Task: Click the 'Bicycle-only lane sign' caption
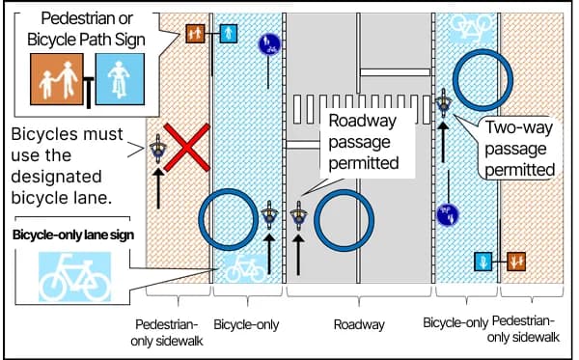click(x=73, y=235)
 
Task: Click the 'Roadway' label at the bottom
click(x=359, y=324)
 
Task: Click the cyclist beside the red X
click(x=159, y=152)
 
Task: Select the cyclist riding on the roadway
click(x=300, y=216)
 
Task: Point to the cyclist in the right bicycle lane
click(x=444, y=103)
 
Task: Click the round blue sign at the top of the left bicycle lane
click(x=269, y=43)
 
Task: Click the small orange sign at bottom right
click(x=516, y=261)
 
